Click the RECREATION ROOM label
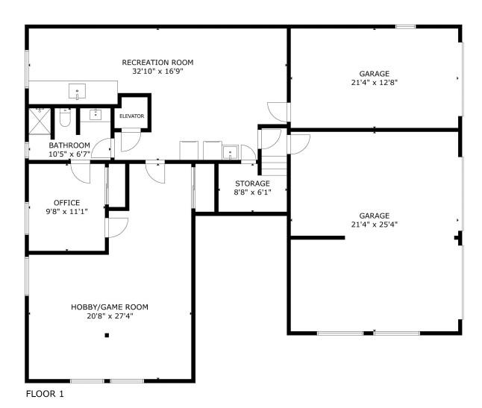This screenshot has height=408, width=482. click(157, 62)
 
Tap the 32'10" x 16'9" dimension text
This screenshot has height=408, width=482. click(157, 72)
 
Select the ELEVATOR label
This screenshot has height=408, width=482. click(131, 116)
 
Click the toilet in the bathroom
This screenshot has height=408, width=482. click(65, 119)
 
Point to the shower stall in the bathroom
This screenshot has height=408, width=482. click(39, 119)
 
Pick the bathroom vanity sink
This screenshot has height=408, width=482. click(96, 115)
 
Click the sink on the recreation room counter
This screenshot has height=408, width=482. click(77, 92)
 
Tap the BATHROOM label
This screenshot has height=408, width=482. click(69, 145)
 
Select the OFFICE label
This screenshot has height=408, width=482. click(66, 202)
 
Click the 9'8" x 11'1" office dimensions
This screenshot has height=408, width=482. click(66, 212)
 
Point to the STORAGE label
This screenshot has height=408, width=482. click(252, 183)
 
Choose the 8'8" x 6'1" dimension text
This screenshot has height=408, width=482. click(252, 192)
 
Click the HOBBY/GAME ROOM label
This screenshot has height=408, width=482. click(110, 307)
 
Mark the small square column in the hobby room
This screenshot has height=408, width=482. click(107, 336)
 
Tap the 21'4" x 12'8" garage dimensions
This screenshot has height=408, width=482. click(374, 84)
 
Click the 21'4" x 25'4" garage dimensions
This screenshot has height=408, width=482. click(374, 224)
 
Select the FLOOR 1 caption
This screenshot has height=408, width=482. click(45, 393)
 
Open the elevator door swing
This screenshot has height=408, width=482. click(130, 139)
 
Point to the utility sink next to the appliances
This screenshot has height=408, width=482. click(231, 152)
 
